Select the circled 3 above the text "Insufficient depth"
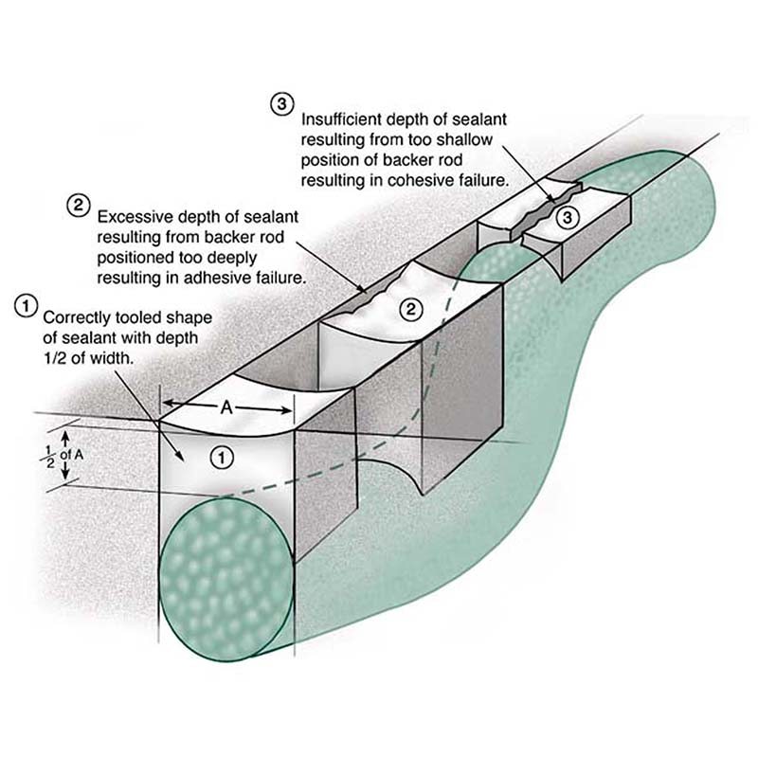pos(281,104)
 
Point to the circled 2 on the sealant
pos(409,308)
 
